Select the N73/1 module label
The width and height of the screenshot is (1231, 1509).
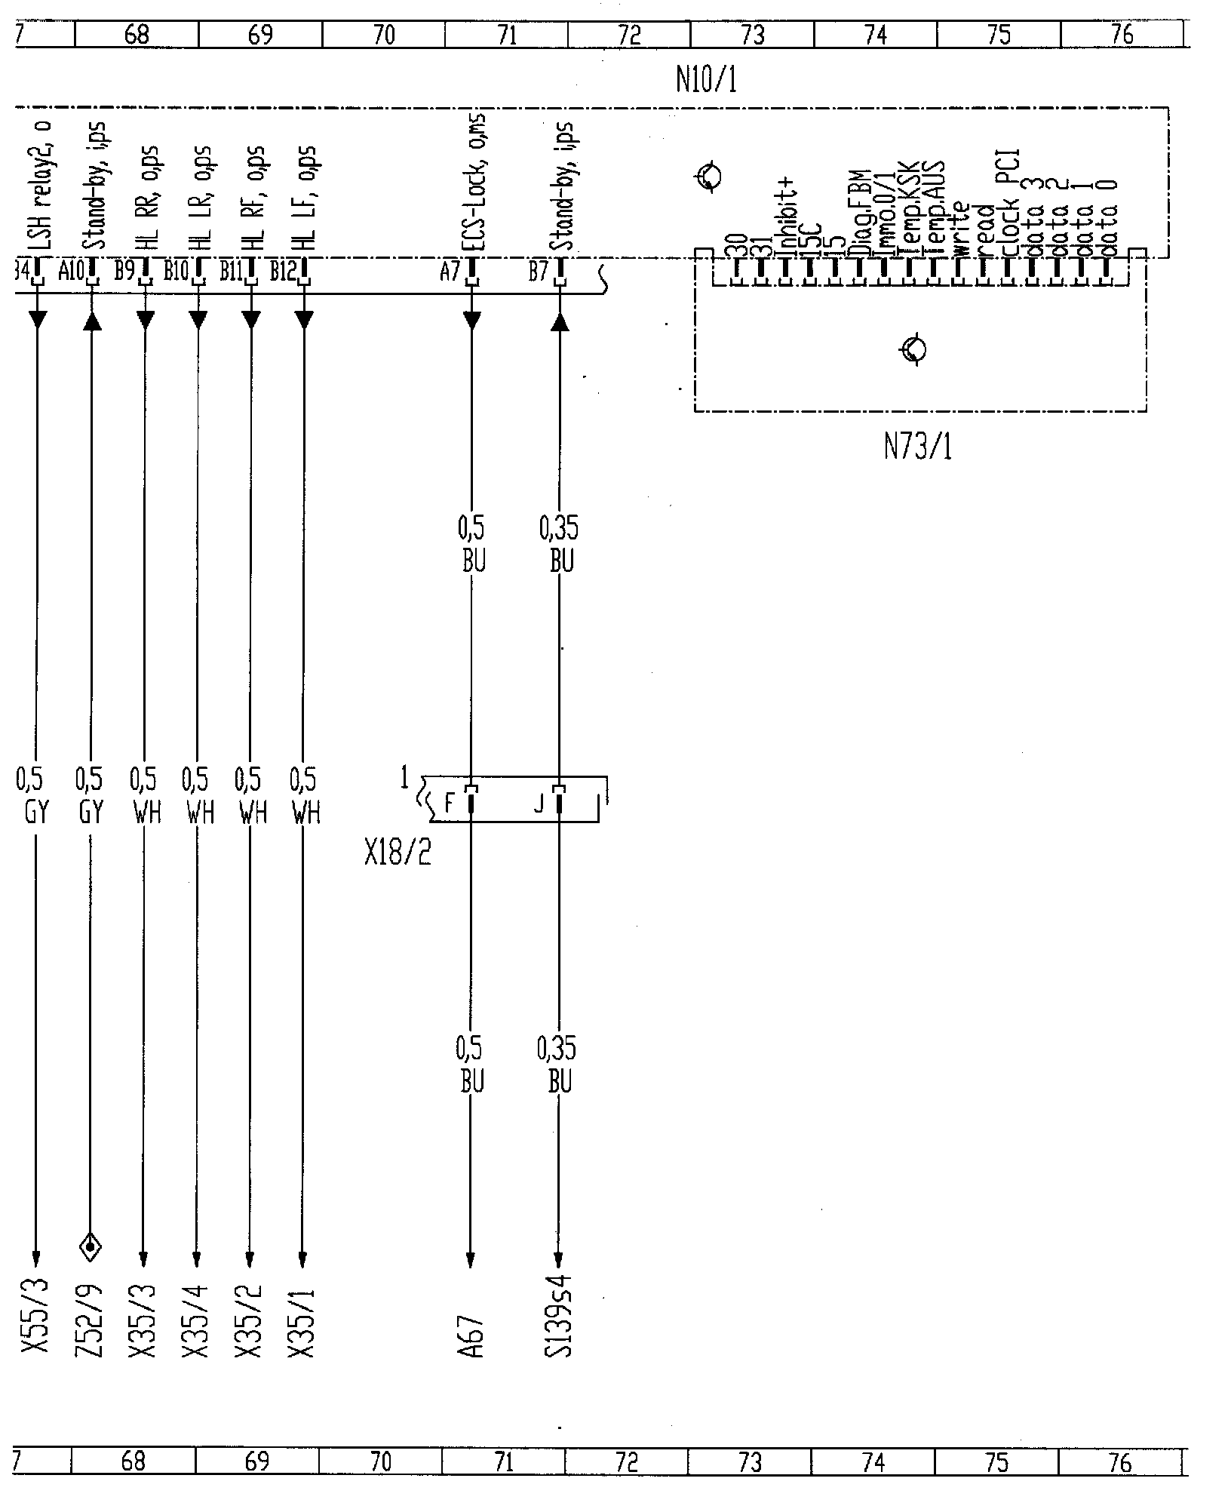click(x=917, y=448)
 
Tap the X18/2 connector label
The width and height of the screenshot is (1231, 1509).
click(x=398, y=853)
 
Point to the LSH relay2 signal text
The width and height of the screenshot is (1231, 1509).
click(x=38, y=189)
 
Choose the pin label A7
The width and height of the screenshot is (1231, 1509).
click(x=450, y=272)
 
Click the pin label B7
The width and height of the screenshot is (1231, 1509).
click(x=538, y=272)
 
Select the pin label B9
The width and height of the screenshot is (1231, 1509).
click(x=124, y=272)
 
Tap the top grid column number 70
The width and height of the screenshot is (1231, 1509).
click(x=383, y=35)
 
